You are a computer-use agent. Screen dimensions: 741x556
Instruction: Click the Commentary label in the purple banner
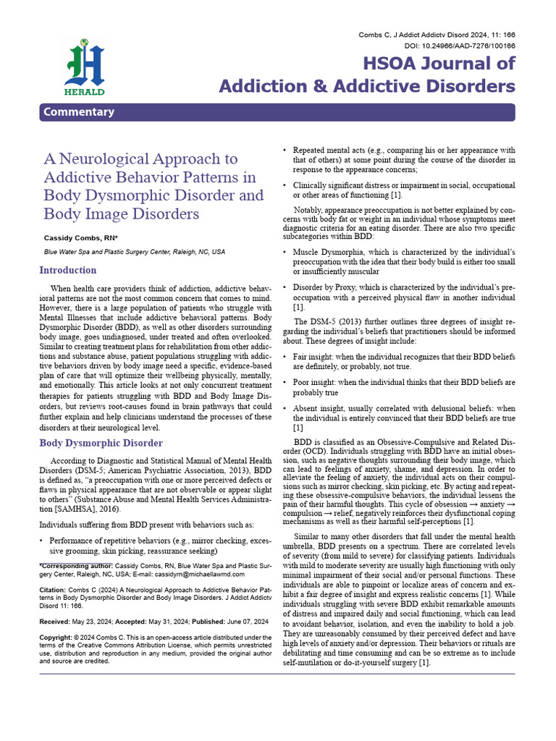click(78, 112)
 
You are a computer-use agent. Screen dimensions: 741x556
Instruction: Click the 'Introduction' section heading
click(67, 270)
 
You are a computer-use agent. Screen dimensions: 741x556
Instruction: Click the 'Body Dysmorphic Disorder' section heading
click(101, 443)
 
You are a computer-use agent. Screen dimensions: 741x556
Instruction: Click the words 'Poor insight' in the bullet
click(313, 383)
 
